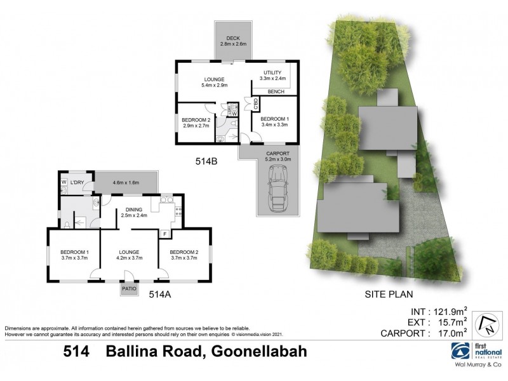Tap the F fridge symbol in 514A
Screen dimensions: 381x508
click(164, 234)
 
